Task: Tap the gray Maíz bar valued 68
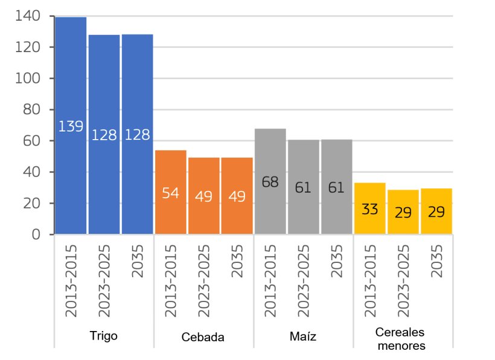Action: (270, 181)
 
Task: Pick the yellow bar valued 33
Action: (369, 208)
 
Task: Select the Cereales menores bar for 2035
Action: (436, 211)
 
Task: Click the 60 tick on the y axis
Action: (30, 141)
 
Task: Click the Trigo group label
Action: (103, 336)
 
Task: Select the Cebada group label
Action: (203, 337)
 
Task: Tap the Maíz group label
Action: (302, 336)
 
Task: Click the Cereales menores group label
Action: (401, 339)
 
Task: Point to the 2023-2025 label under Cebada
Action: (204, 280)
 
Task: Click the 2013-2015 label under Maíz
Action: (270, 280)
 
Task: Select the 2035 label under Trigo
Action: (138, 262)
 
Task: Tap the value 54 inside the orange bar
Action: (170, 194)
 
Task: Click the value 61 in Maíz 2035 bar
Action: (336, 188)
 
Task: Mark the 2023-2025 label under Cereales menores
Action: (403, 280)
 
